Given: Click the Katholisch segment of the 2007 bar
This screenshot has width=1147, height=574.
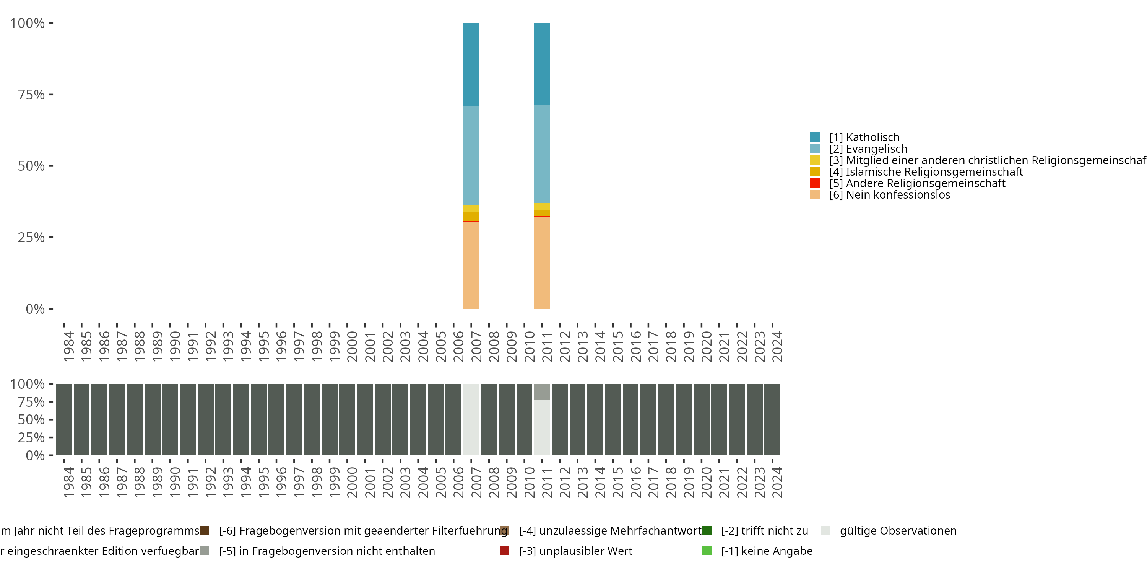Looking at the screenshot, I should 471,64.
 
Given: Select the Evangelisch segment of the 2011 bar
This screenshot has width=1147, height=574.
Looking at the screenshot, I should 542,154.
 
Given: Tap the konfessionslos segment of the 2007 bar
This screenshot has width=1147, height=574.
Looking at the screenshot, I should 471,265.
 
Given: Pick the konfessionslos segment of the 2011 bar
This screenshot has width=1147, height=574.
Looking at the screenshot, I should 542,263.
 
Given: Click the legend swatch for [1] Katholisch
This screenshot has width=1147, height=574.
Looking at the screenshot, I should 815,137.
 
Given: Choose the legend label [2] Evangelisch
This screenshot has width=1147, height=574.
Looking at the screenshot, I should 868,149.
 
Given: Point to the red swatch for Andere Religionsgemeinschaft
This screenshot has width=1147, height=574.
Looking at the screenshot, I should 815,183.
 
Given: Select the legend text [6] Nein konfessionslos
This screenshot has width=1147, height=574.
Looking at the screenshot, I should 889,195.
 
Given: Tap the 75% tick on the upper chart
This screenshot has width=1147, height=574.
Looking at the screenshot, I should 31,95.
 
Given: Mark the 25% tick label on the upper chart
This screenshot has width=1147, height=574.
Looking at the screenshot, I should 31,238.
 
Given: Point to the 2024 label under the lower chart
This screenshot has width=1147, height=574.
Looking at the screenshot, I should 777,482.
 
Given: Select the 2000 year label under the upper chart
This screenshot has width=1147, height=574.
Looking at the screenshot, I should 352,346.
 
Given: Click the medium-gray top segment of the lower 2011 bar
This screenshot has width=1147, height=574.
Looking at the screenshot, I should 542,391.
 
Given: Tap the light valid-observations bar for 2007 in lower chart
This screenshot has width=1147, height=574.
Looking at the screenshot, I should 471,419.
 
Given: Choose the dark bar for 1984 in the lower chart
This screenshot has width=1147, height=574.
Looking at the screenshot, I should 64,419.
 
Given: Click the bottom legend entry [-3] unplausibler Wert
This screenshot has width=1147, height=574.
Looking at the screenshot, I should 575,551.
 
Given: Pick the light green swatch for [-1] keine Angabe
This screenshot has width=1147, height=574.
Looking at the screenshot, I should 707,551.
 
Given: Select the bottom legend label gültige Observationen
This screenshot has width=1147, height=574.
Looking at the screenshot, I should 898,531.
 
